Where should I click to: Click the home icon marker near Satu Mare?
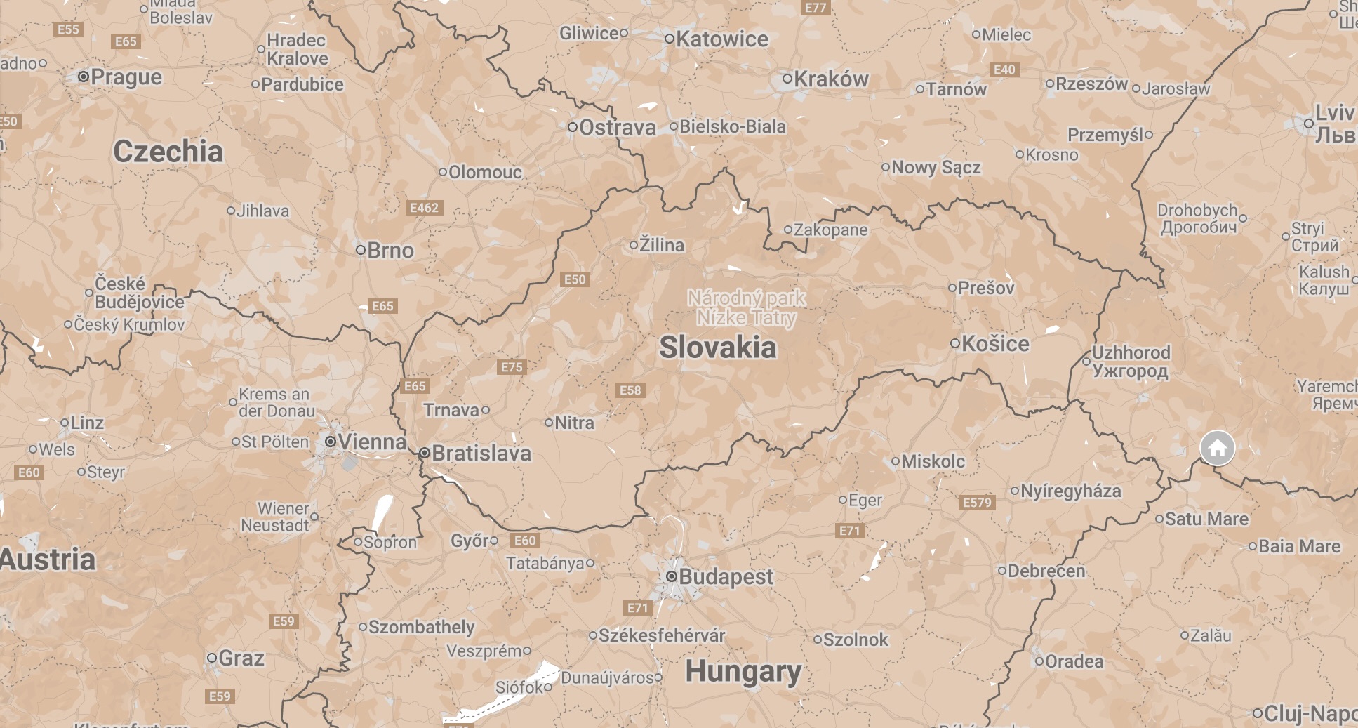coord(1217,447)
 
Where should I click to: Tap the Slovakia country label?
coord(717,348)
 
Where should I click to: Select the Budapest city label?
coord(726,577)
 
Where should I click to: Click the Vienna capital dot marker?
coord(331,442)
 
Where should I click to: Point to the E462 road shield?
coord(424,208)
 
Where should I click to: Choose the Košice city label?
coord(995,343)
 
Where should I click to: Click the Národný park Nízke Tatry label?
coord(746,307)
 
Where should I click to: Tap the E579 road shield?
coord(977,502)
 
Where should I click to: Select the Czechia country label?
coord(168,152)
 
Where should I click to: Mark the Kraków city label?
coord(831,79)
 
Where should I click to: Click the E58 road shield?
coord(630,390)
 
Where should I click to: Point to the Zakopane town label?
coord(830,230)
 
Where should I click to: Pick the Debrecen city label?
coord(1046,571)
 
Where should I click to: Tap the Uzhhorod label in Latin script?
coord(1131,352)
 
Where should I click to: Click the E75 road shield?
coord(512,367)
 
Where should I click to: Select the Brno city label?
coord(390,250)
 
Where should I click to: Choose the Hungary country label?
coord(743,672)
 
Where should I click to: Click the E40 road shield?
coord(1004,70)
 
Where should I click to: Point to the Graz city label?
coord(241,658)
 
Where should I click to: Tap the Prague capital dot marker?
coord(84,76)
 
